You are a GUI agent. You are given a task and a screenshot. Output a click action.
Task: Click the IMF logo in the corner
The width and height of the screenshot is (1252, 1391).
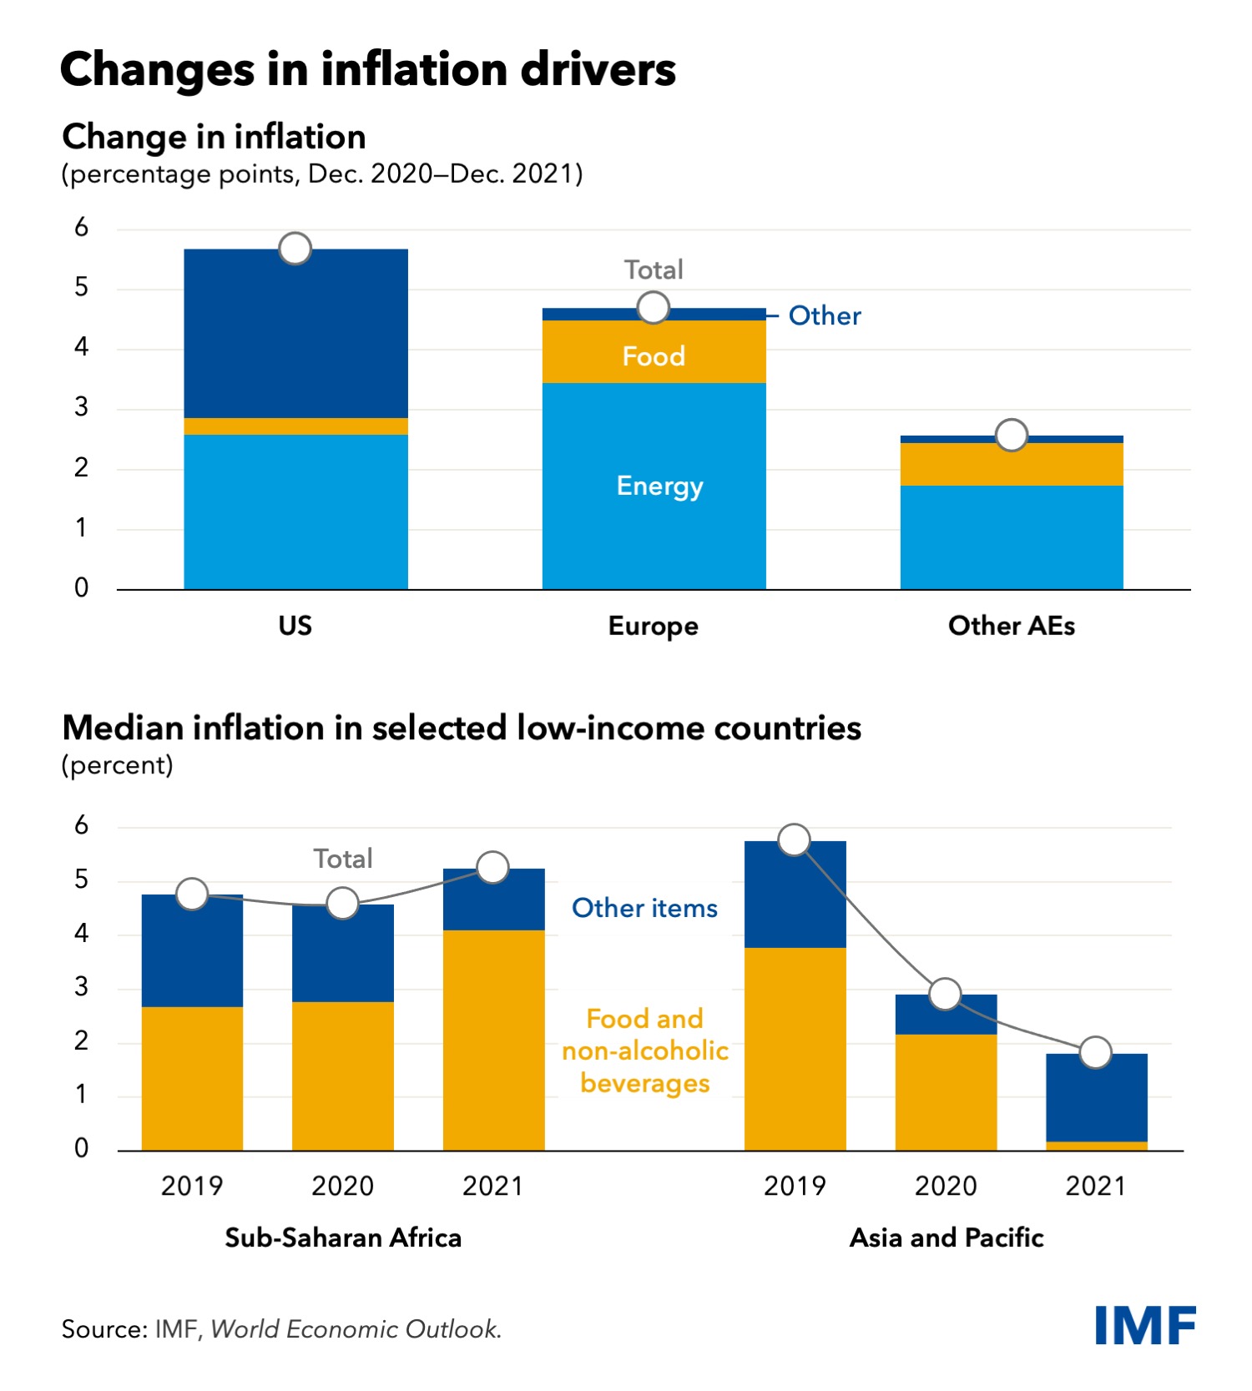pos(1145,1325)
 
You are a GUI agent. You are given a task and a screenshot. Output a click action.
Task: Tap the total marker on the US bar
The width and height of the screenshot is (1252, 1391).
pos(295,248)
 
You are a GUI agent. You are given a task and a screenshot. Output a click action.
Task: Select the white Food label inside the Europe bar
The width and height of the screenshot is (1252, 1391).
pos(654,356)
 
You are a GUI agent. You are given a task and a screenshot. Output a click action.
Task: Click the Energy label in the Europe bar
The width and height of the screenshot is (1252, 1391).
pos(659,486)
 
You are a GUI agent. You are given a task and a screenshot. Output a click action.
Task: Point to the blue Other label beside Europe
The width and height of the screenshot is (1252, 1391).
pos(825,315)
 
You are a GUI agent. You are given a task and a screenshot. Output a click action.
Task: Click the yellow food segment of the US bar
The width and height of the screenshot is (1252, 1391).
pos(295,426)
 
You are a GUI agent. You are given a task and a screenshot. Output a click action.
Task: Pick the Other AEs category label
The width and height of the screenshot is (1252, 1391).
pos(1011,626)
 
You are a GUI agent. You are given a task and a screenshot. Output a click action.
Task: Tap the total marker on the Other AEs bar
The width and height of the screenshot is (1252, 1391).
pos(1012,435)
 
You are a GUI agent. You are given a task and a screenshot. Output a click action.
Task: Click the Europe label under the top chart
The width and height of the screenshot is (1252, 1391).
pos(653,626)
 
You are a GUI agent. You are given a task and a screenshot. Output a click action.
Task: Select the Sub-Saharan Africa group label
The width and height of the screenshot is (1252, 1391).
pos(343,1237)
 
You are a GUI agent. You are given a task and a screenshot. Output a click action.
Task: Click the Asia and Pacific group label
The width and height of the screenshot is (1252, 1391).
pos(947,1237)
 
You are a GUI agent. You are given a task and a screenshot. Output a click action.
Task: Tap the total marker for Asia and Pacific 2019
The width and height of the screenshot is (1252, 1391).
pos(795,839)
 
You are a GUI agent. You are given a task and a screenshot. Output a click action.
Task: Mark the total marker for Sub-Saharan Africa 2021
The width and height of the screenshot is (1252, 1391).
pos(493,868)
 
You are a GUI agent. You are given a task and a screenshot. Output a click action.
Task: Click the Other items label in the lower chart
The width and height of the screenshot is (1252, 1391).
pos(644,908)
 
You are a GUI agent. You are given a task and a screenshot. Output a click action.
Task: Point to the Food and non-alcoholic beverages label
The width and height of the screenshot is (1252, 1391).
pos(644,1051)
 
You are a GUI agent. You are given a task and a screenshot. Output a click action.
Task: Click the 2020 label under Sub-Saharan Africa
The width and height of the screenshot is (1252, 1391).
pos(342,1186)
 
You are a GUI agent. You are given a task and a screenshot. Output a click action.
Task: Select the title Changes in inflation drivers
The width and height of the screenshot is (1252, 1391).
pos(368,69)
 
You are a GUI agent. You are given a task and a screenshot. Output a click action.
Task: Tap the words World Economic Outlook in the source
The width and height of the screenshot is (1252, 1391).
pos(356,1329)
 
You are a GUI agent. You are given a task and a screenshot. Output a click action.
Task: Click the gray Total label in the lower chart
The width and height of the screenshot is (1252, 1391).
pos(342,859)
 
